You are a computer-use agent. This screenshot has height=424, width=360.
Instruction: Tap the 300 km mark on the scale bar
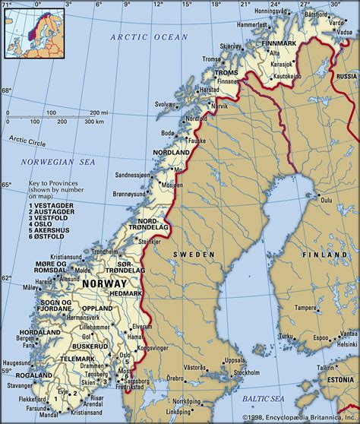pyautogui.click(x=94, y=122)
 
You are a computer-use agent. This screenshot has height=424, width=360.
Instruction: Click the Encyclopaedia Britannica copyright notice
pyautogui.click(x=300, y=418)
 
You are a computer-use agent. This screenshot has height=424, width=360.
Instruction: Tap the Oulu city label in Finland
pyautogui.click(x=327, y=200)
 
